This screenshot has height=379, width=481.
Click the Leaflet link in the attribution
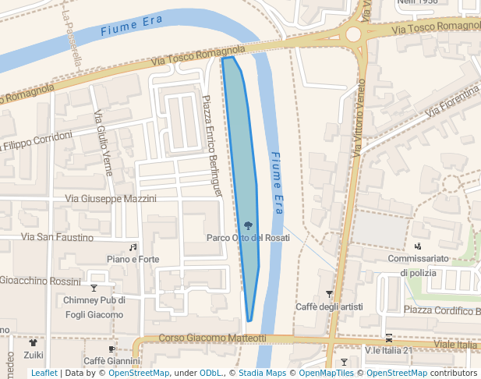(x=44, y=374)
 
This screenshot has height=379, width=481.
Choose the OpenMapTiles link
(x=327, y=374)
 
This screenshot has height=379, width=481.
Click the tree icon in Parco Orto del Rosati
(x=248, y=226)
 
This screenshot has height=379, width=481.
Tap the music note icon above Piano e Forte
(x=133, y=246)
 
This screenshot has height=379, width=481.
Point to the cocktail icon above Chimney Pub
(x=94, y=288)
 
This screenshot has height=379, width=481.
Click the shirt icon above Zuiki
(x=33, y=342)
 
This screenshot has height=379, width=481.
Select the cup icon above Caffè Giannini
(x=111, y=349)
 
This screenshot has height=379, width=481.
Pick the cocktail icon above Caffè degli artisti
(x=329, y=294)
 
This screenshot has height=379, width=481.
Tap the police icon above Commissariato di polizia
(x=419, y=246)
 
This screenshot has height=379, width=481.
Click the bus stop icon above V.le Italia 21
(x=388, y=338)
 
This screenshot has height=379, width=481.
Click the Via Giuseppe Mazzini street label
(x=111, y=199)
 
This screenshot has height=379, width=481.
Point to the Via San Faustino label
(x=57, y=237)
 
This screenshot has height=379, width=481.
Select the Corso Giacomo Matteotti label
(x=212, y=338)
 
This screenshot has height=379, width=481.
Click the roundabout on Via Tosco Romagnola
(x=354, y=34)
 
